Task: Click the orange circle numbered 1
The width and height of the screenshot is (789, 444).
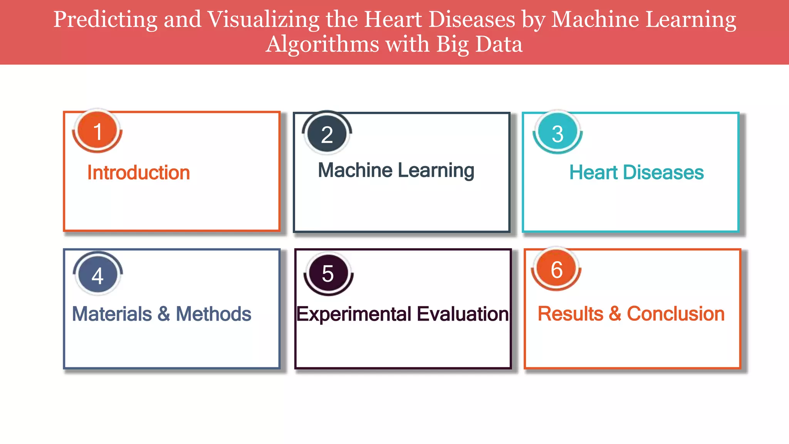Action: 97,131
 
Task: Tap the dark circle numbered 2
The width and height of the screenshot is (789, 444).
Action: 327,134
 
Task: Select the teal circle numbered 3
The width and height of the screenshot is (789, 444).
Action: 557,133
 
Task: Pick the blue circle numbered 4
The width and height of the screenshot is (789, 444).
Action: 97,275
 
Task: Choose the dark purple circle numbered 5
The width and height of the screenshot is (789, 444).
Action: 328,273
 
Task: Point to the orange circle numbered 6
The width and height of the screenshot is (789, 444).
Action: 556,269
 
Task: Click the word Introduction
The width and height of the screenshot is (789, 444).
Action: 139,172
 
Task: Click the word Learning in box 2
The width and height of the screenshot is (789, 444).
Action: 436,171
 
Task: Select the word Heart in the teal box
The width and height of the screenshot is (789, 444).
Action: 594,172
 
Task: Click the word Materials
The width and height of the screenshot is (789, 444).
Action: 112,314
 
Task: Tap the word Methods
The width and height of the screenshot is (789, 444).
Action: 213,314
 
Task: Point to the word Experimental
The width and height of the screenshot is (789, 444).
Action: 354,314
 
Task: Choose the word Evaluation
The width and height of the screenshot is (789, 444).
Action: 463,314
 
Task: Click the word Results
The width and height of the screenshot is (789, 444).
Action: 571,314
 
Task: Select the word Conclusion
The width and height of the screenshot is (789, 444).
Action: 676,314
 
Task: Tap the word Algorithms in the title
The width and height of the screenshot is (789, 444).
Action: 322,45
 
